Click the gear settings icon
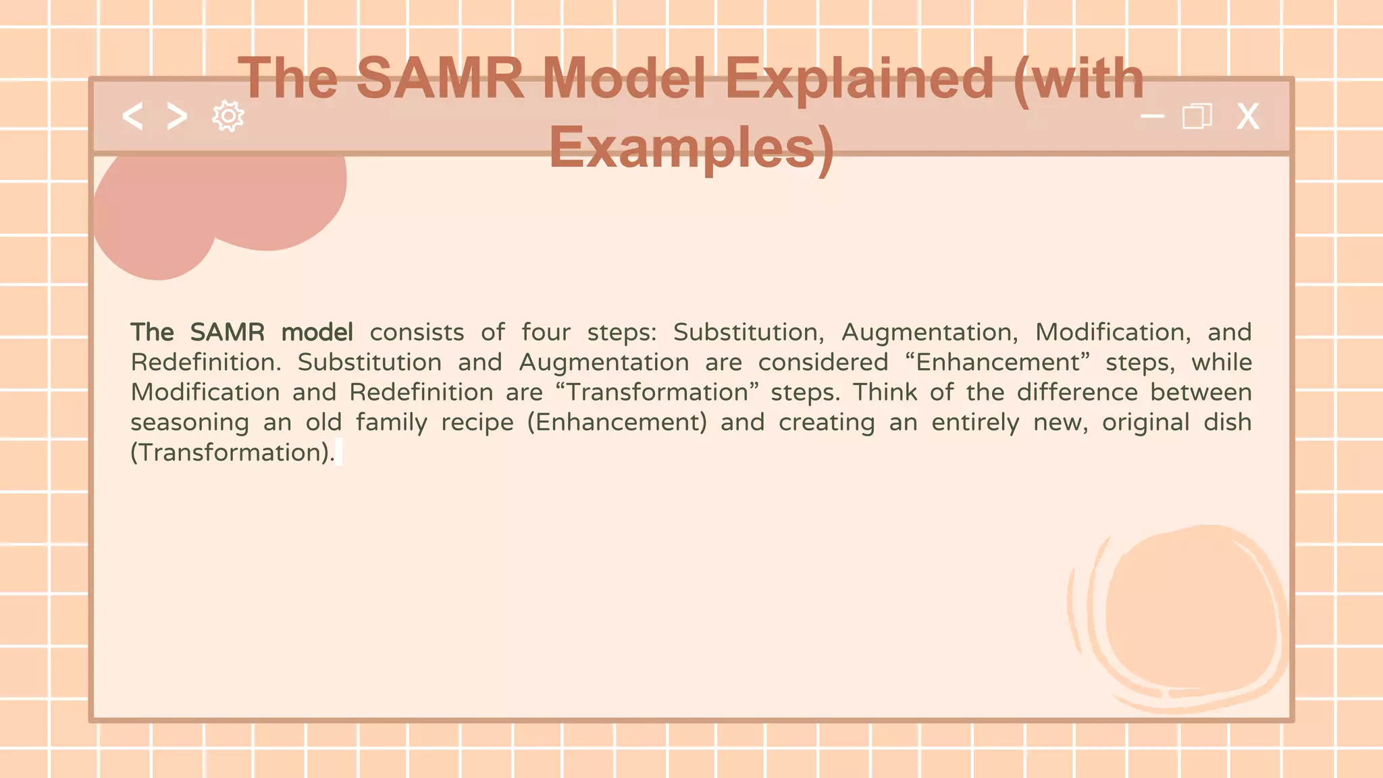pos(228,117)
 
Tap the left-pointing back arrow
pos(132,117)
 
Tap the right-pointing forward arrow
pos(177,117)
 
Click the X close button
pos(1247,117)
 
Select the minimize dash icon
pos(1152,116)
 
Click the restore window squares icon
pos(1197,116)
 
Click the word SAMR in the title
pos(440,78)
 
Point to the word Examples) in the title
pos(691,148)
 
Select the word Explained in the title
pos(859,80)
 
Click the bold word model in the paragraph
pos(317,332)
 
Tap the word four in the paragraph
pos(546,332)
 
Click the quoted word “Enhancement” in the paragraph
pos(997,363)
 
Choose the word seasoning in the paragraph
pos(190,423)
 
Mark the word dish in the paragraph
pos(1227,422)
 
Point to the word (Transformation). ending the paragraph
pos(232,452)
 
